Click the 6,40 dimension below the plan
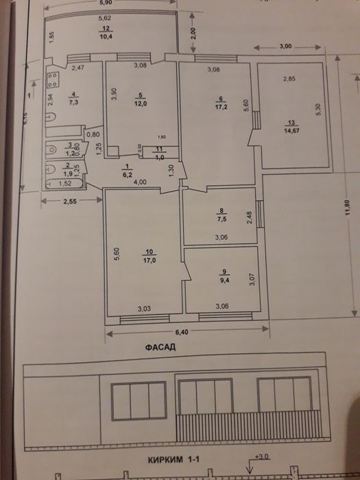(181, 333)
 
